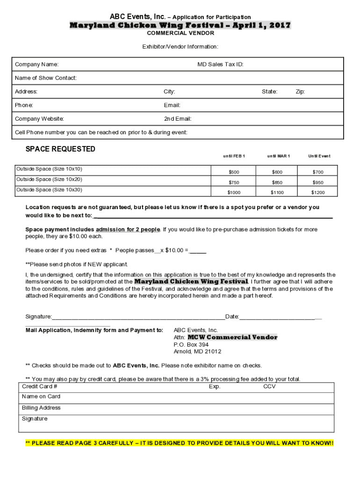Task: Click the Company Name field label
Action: pyautogui.click(x=36, y=65)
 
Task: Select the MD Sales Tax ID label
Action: pyautogui.click(x=220, y=65)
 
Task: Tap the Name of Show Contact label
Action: pyautogui.click(x=46, y=78)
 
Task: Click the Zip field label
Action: pyautogui.click(x=300, y=92)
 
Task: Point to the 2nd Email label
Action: pyautogui.click(x=178, y=119)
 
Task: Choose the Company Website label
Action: pyautogui.click(x=39, y=119)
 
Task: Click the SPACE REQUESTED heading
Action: pyautogui.click(x=60, y=149)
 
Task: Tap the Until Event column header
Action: pyautogui.click(x=319, y=156)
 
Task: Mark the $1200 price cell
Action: pyautogui.click(x=318, y=193)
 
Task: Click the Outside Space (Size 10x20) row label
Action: pyautogui.click(x=49, y=180)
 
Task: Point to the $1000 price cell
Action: pyautogui.click(x=234, y=193)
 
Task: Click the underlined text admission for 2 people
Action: pyautogui.click(x=128, y=230)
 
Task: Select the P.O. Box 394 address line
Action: pyautogui.click(x=191, y=345)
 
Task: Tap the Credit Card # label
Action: pyautogui.click(x=39, y=387)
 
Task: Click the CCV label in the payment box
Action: pyautogui.click(x=269, y=387)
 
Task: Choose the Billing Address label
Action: pyautogui.click(x=41, y=408)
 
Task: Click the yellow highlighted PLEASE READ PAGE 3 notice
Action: pyautogui.click(x=180, y=443)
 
